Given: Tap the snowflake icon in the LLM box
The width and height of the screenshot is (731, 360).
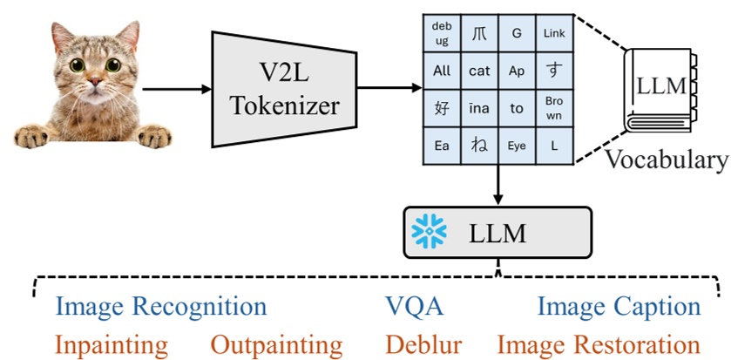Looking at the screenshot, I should [428, 233].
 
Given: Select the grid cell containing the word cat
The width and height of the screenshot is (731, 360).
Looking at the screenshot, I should [479, 71].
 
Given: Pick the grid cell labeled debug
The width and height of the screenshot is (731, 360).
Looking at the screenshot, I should [442, 33].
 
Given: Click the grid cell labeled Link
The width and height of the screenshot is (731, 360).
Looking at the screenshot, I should [554, 33].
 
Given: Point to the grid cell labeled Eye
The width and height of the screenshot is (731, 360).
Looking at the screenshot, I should [517, 146].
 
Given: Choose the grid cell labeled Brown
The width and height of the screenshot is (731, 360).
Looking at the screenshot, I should [554, 108].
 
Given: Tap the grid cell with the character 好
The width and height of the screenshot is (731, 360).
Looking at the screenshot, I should [442, 108].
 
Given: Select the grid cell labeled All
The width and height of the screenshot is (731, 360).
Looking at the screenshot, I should [442, 71].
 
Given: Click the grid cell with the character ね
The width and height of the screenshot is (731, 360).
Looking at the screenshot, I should [479, 146].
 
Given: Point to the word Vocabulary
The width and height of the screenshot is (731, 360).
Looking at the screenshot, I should [667, 160].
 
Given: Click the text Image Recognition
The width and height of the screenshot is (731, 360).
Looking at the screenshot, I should [160, 307].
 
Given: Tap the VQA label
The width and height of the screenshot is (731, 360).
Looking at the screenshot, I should [415, 307].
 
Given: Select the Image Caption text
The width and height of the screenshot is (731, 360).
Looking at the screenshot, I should [619, 307].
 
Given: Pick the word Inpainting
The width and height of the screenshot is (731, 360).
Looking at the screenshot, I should [111, 344].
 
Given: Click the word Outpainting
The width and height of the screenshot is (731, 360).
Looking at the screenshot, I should [277, 344].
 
